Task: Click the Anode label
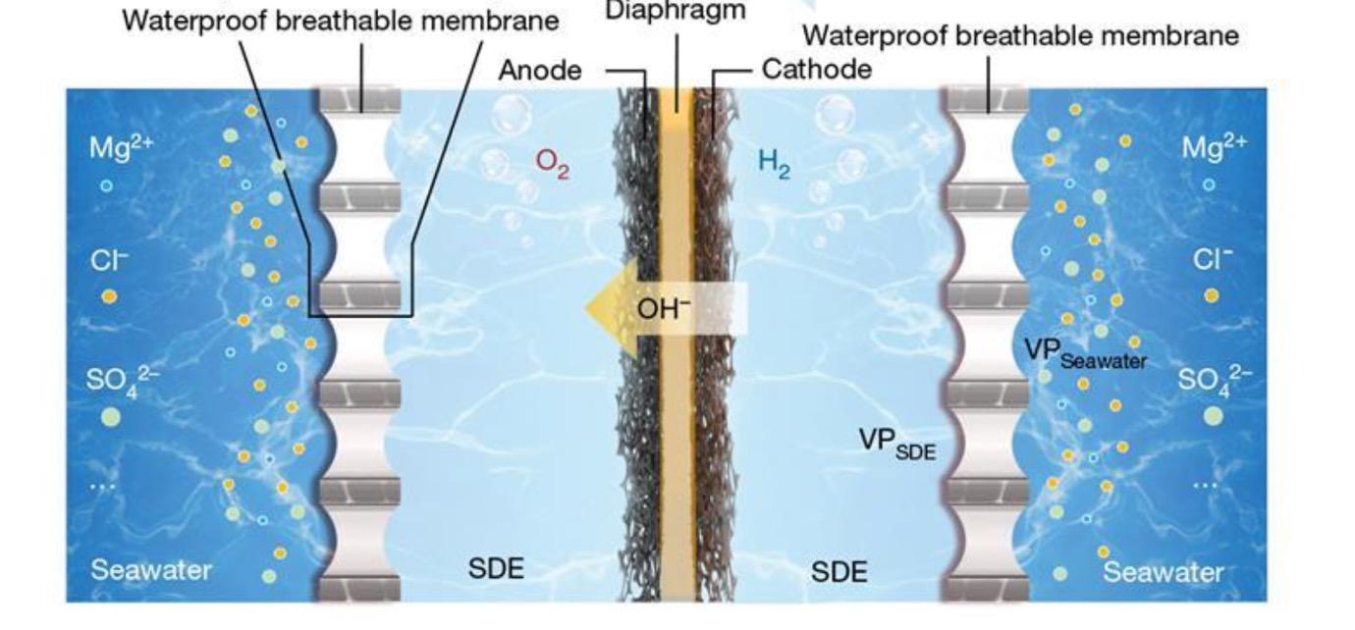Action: click(x=540, y=70)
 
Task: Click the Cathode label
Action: click(x=816, y=70)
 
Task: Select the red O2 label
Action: click(x=552, y=163)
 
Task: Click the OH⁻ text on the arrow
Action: click(x=664, y=308)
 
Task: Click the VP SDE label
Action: click(x=897, y=443)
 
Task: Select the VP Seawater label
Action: click(x=1084, y=352)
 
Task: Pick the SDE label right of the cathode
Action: click(x=839, y=570)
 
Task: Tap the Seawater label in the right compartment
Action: click(x=1164, y=572)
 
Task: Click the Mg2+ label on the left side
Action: click(x=121, y=148)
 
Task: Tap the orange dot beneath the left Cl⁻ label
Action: click(x=109, y=295)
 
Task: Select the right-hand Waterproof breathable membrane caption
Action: click(x=1020, y=36)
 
